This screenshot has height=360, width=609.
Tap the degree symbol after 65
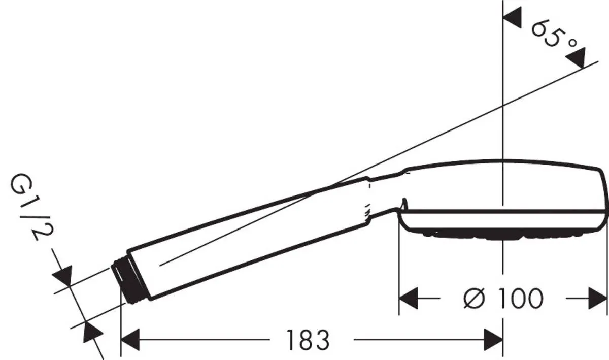pos(572,44)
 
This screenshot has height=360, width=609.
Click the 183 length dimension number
pos(308,340)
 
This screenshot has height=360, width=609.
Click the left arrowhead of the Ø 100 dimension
pos(408,299)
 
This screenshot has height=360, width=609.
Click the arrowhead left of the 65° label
pos(512,18)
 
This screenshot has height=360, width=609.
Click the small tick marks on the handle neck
pos(369,206)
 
